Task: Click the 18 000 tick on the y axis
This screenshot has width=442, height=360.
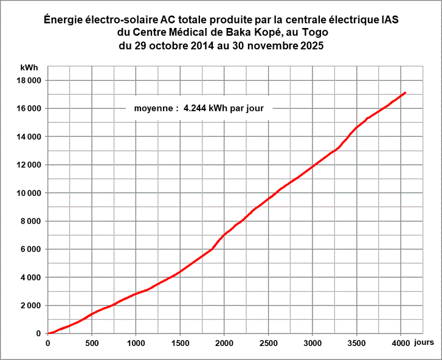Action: click(28, 80)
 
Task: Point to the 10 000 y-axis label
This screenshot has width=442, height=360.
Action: click(28, 193)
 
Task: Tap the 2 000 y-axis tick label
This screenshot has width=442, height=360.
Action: click(30, 306)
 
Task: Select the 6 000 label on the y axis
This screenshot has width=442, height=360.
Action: click(30, 249)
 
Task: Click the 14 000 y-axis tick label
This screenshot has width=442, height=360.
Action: click(28, 137)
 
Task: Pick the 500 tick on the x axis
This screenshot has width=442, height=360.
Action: click(91, 342)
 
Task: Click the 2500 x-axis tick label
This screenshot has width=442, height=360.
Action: click(268, 342)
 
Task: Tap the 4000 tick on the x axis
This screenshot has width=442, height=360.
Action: click(400, 342)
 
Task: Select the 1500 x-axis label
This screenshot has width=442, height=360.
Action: click(180, 342)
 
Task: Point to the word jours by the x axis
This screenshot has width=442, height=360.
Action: click(424, 342)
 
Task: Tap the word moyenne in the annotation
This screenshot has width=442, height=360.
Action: click(152, 109)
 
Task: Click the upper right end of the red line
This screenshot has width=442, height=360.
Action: click(405, 93)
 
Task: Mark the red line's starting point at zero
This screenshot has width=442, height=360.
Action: click(48, 333)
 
